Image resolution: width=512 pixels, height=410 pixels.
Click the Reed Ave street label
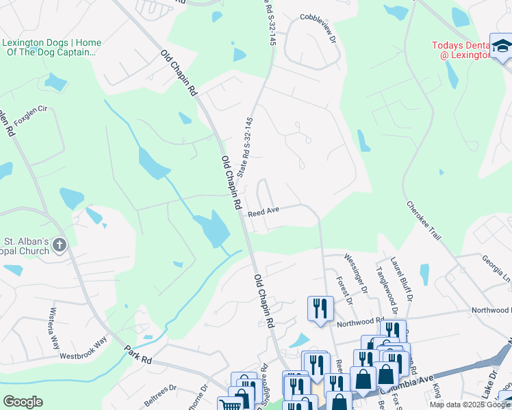tap(264, 213)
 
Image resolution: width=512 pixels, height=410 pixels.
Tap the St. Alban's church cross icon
tap(60, 245)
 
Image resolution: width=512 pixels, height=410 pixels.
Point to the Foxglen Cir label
tap(28, 107)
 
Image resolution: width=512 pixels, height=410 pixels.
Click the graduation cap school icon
tap(501, 46)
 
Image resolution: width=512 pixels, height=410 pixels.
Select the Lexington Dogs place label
tap(52, 47)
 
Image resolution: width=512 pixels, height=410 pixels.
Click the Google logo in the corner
tap(23, 402)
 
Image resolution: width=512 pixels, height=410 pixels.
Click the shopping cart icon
tap(231, 404)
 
